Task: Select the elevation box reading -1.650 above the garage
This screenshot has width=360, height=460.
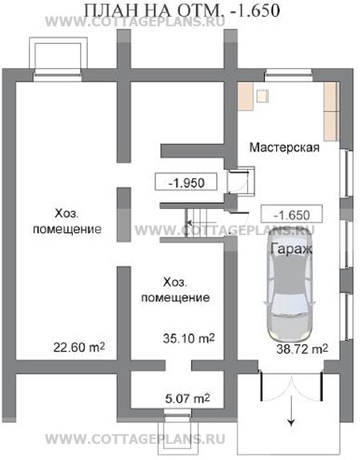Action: (290, 215)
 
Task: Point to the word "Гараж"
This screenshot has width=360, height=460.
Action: (290, 249)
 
